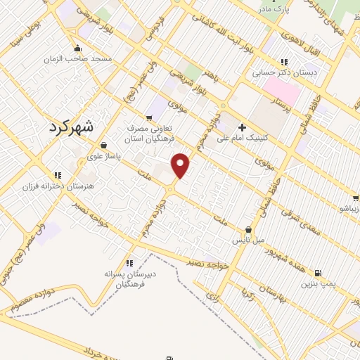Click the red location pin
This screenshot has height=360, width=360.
[181, 165]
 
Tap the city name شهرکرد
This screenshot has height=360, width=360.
[72, 128]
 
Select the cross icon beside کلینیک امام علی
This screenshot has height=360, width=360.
[243, 127]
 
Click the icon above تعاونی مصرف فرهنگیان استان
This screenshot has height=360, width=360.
[149, 117]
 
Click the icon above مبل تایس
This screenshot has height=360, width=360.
[247, 229]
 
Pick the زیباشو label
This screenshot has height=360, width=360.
[349, 209]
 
